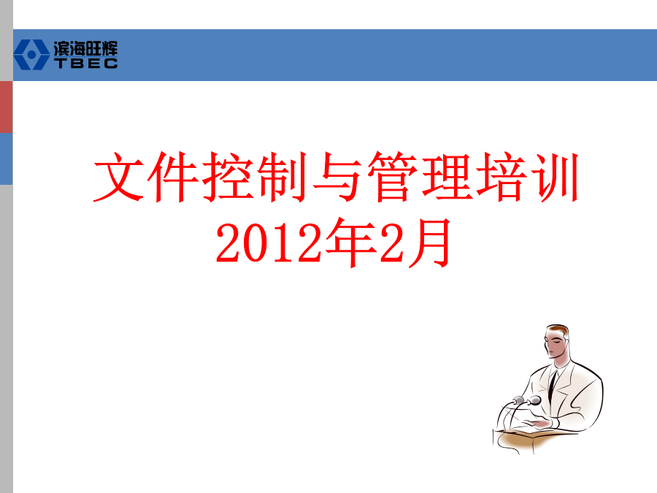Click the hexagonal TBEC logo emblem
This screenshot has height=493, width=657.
pos(31,55)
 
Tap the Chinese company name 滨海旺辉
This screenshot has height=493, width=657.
pos(85,49)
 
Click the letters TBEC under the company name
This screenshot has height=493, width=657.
pos(86,64)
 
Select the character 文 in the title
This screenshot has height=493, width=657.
pos(119,177)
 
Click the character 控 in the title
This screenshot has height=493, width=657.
pos(228,177)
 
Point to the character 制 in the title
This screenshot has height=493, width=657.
pos(283,177)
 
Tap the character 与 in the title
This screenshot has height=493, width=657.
pos(337,177)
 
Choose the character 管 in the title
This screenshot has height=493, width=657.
pos(392,177)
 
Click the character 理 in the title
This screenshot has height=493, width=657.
pos(447,177)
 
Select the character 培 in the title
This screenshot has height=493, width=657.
pos(501,177)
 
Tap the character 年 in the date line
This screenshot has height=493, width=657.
pos(351,242)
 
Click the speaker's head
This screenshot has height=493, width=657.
pos(557,341)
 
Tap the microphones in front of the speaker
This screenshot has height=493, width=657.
pos(527,401)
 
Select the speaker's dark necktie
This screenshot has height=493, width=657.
pos(553,386)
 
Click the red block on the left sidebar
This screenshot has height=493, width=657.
pos(7,107)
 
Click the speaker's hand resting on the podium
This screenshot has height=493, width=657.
pos(539,424)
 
